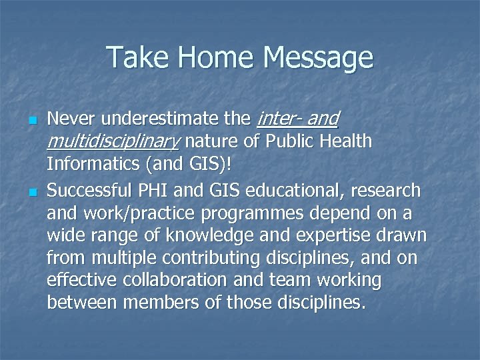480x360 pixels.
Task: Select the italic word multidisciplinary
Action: [x=113, y=142]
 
